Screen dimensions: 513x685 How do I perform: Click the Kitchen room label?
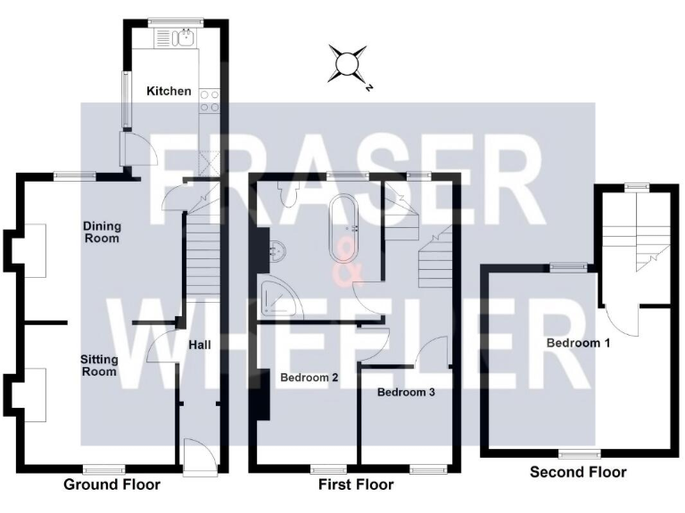169,91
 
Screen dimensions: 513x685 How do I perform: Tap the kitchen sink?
186,37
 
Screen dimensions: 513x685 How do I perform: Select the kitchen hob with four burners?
210,101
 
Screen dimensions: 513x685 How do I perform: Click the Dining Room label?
101,232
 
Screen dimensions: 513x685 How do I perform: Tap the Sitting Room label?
99,365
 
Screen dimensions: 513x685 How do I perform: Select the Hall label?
200,344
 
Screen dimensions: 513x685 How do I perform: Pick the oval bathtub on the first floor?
342,226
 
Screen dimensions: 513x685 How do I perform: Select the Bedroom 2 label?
309,378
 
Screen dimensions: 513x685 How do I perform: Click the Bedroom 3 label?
405,392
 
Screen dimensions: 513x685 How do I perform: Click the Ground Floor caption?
112,485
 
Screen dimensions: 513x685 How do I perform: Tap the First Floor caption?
356,485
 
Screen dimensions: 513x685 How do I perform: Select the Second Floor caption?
578,472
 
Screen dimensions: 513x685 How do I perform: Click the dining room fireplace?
32,250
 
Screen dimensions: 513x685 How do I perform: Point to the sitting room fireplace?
32,392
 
